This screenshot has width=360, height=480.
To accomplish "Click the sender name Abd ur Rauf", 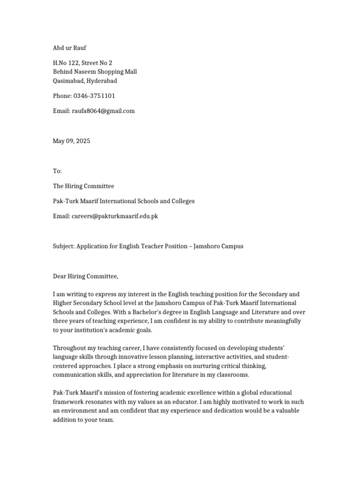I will pyautogui.click(x=69, y=48).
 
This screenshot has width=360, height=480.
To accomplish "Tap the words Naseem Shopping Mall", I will pyautogui.click(x=106, y=72).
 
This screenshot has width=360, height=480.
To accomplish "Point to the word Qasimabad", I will pyautogui.click(x=68, y=81).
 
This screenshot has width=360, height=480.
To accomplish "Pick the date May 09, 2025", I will pyautogui.click(x=71, y=141).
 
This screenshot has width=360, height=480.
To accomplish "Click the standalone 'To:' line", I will pyautogui.click(x=57, y=171).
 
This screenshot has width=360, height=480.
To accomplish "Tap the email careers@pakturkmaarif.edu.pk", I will pyautogui.click(x=115, y=216).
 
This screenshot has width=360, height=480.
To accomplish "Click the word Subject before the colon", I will pyautogui.click(x=63, y=246).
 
